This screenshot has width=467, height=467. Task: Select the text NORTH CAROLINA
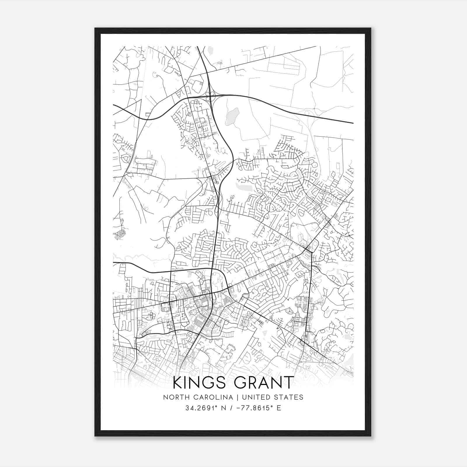(x=198, y=397)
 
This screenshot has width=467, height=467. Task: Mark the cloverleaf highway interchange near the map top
(x=210, y=94)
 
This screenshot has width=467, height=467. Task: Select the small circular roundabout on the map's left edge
(x=121, y=233)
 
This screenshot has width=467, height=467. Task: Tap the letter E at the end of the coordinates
(x=279, y=408)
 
